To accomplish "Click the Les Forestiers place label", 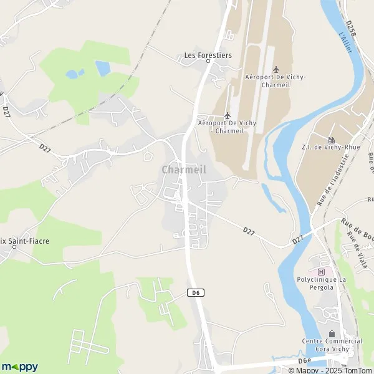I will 208,55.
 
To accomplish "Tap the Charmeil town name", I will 183,170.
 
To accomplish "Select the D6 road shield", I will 194,292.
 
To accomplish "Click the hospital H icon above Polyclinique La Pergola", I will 322,272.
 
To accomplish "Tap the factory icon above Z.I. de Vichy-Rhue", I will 331,140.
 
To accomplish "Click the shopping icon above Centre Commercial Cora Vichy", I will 331,334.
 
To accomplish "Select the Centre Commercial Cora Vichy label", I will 332,345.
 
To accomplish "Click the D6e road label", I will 304,360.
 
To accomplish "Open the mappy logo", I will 19,367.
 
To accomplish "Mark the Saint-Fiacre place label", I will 15,246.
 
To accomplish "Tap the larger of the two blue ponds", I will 102,68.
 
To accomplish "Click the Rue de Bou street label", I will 356,224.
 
